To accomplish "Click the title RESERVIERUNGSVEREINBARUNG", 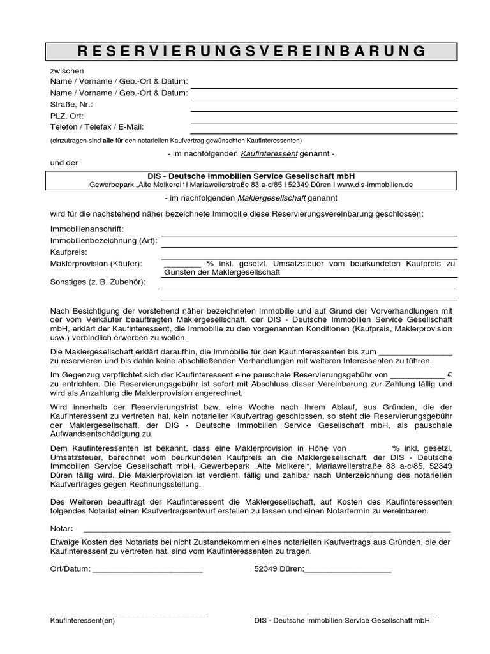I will (251, 51).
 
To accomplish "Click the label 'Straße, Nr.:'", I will (71, 104).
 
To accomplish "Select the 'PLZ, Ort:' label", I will (67, 116).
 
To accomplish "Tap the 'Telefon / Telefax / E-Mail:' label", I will (97, 127).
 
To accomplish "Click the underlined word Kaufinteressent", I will (269, 154).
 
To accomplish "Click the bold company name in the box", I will (251, 176).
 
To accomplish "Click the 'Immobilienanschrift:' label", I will (86, 229).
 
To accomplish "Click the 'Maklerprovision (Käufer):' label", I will (96, 263).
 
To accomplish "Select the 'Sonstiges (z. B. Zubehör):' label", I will (98, 282).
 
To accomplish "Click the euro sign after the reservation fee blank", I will (450, 374).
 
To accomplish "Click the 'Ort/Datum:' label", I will (70, 568).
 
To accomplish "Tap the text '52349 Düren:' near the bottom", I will (279, 568).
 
